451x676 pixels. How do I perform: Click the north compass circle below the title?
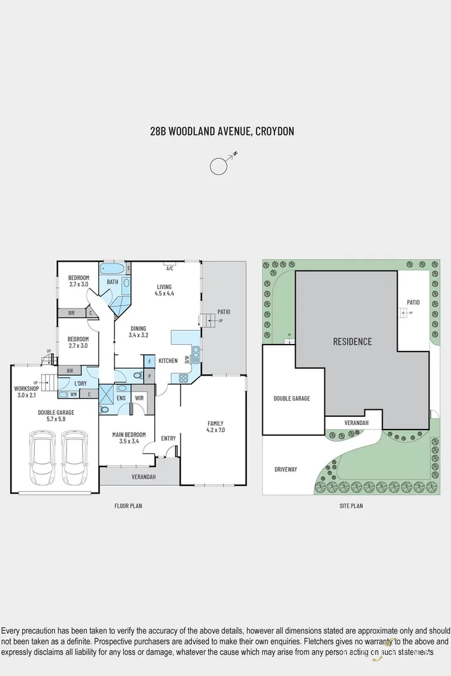[x=219, y=166]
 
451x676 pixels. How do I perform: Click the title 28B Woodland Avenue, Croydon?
[x=222, y=132]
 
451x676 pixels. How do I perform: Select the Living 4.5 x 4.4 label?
[x=165, y=290]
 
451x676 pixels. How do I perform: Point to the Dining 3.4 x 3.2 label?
[x=138, y=331]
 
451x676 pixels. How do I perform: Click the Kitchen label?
[x=168, y=360]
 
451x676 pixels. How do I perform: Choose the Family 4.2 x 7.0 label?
[x=215, y=427]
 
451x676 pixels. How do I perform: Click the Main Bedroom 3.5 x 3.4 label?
[x=129, y=438]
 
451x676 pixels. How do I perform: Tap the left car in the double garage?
[x=41, y=458]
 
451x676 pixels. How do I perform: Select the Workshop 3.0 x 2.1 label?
[x=27, y=392]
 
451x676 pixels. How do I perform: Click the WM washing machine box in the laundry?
[x=73, y=395]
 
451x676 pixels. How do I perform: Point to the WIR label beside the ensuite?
[x=139, y=398]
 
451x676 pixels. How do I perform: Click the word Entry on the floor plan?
[x=168, y=438]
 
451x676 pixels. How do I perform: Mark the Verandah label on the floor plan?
[x=144, y=476]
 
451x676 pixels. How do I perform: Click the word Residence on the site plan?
[x=353, y=341]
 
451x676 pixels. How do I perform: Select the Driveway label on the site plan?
[x=286, y=469]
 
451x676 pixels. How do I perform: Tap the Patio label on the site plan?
[x=414, y=302]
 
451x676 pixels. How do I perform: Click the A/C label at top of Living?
[x=169, y=268]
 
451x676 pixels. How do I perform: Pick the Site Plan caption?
[x=351, y=506]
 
